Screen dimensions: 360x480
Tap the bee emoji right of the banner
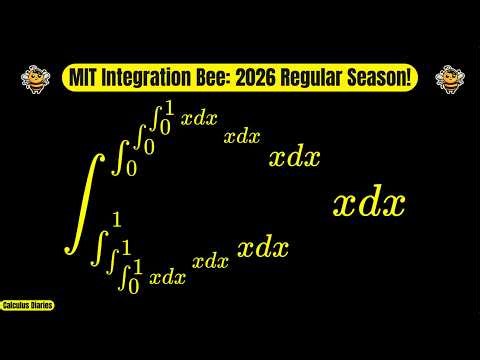(446, 77)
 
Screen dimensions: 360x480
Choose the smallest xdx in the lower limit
(167, 278)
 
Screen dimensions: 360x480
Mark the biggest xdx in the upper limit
(295, 157)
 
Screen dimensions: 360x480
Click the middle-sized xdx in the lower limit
(211, 262)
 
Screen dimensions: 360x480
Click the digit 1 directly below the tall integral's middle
(117, 220)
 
